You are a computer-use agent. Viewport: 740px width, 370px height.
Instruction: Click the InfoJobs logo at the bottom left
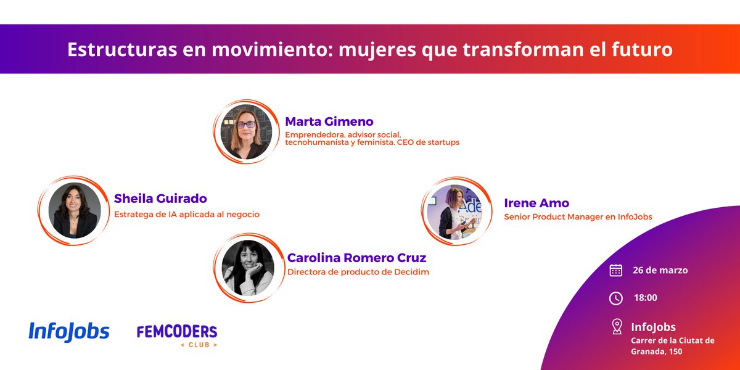click(69, 332)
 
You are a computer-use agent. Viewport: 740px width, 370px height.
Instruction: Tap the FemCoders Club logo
click(177, 335)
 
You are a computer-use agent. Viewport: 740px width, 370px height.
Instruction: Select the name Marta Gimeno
click(329, 121)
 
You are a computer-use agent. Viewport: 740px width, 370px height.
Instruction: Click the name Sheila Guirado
click(160, 199)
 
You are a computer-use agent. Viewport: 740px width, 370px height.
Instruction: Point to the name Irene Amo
click(536, 203)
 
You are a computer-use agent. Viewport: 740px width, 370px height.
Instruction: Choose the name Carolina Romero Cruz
click(356, 258)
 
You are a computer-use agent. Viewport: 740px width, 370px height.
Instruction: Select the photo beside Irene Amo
click(455, 212)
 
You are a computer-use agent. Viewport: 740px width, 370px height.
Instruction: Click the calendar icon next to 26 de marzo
click(615, 270)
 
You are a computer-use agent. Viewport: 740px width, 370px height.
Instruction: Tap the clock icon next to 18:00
click(615, 298)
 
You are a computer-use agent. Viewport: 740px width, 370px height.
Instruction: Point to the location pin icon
click(616, 326)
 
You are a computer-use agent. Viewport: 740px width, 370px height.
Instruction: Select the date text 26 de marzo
click(660, 270)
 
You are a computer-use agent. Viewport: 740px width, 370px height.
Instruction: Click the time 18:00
click(645, 298)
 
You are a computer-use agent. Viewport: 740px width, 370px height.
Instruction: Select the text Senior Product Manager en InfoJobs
click(578, 216)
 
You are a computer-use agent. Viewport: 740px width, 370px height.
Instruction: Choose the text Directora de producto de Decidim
click(358, 271)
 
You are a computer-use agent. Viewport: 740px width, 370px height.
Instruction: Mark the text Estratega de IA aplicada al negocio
click(187, 215)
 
